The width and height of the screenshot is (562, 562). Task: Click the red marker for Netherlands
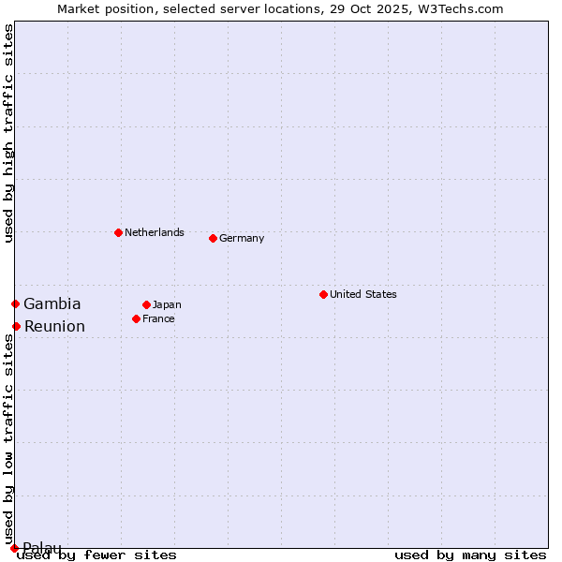118,232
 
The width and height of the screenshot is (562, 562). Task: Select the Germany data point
213,238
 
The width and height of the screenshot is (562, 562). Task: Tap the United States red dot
323,294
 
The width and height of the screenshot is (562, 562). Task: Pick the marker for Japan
146,304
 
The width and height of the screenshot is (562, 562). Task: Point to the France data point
136,318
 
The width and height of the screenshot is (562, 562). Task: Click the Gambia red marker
15,303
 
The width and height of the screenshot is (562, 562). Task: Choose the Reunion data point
16,326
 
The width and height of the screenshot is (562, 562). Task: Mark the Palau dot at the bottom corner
14,548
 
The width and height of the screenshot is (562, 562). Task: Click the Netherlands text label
155,232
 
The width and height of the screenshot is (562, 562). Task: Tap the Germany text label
242,238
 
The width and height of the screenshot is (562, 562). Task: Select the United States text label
363,294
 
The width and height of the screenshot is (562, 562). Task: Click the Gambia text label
52,303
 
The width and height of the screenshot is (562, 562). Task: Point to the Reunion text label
54,326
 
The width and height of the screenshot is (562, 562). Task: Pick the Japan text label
167,304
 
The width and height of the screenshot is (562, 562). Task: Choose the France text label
158,318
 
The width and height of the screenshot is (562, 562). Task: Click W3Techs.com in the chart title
459,8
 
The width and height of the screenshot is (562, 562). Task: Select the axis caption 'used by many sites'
470,555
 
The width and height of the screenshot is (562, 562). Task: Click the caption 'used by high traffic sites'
8,133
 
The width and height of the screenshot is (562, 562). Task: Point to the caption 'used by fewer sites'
97,555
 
